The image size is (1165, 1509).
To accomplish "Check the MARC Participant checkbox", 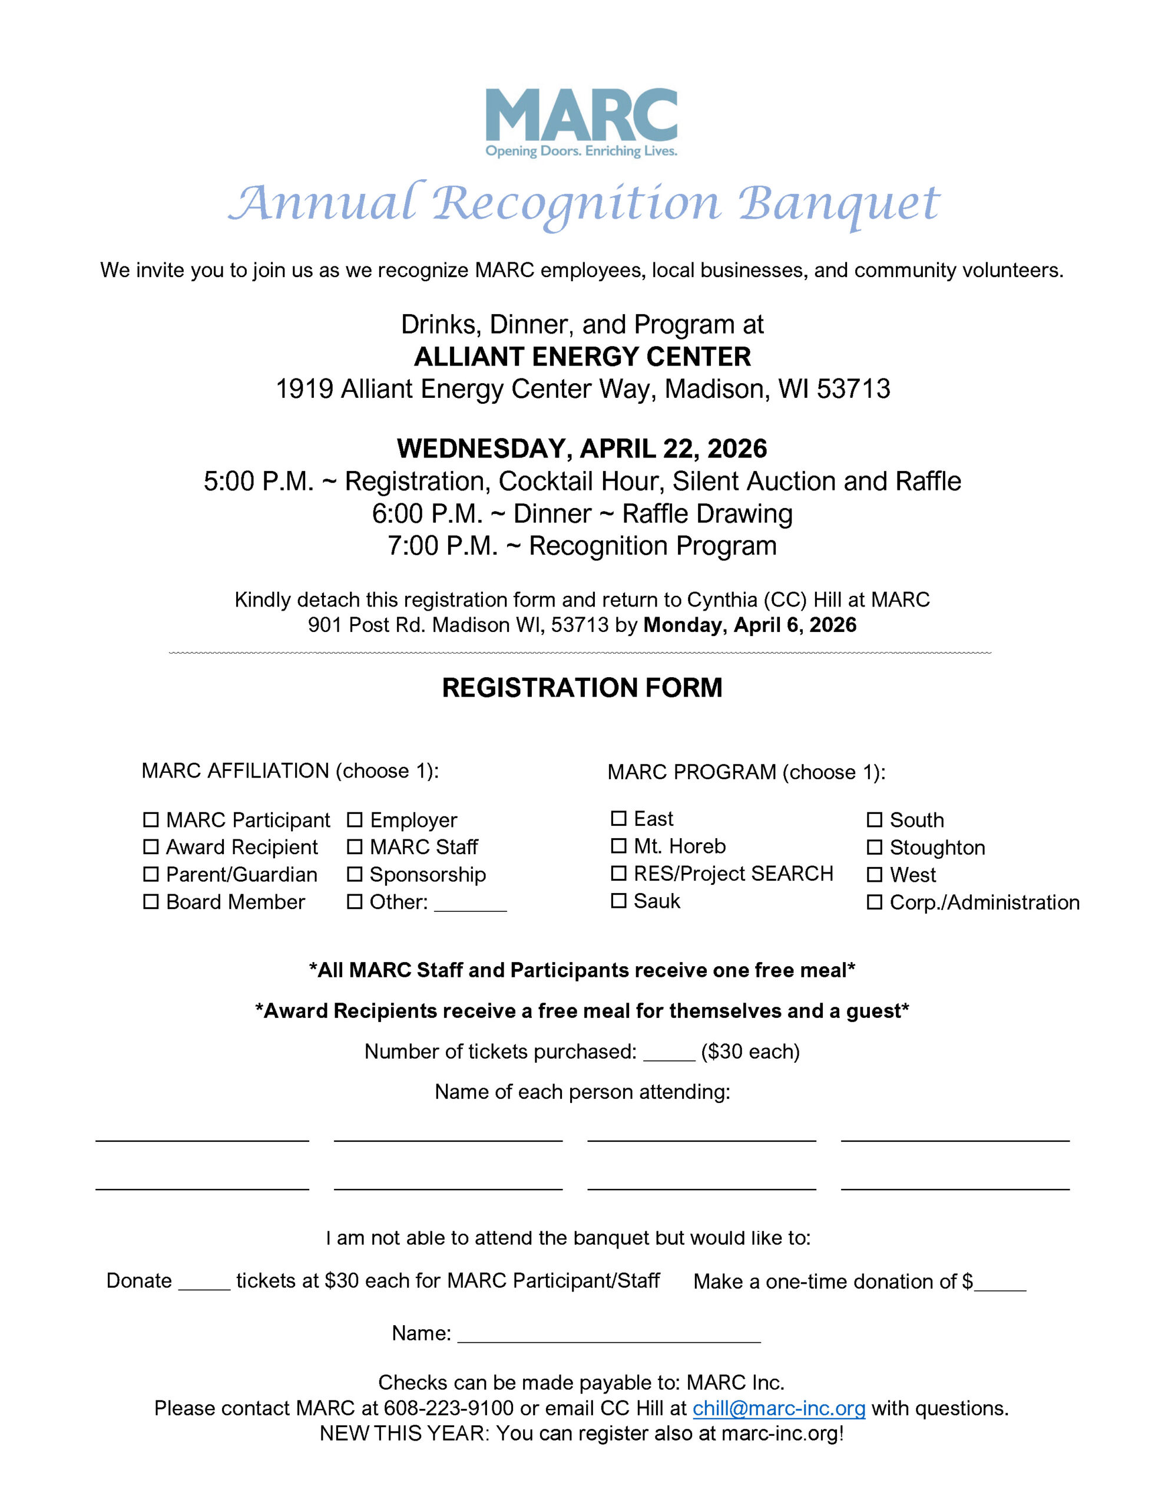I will click(151, 819).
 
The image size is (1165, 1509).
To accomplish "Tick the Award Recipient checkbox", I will click(151, 846).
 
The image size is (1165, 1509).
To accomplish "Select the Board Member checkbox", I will click(151, 902).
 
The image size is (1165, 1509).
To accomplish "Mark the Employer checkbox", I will click(354, 819).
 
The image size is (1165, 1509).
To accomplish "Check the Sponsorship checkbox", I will click(354, 874).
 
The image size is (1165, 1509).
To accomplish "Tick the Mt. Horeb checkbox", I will click(619, 846).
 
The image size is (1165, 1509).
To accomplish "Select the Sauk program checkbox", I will click(619, 901).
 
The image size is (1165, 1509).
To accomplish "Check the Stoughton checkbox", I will click(874, 847).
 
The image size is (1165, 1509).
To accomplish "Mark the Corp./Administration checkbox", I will click(874, 902).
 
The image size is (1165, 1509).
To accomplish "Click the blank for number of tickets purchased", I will click(668, 1053).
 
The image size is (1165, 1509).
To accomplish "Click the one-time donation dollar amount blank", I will click(1000, 1283).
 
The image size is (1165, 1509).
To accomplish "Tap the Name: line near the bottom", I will click(608, 1335).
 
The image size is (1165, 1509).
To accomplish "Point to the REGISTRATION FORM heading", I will click(582, 687).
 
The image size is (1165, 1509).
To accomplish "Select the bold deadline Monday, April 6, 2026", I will click(749, 625).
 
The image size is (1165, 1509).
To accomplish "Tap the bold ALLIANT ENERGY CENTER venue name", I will click(582, 357).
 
